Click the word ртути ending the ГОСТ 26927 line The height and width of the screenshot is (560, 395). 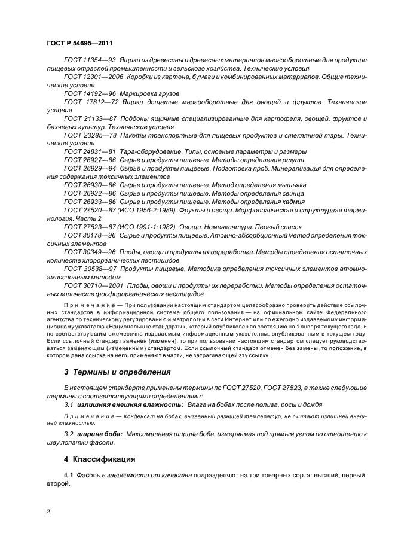click(x=297, y=160)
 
